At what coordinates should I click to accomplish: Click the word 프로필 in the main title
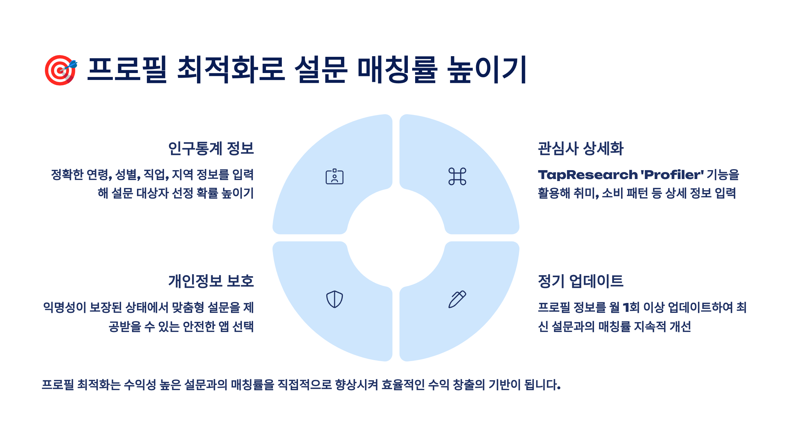[127, 69]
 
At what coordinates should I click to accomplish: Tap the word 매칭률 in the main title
[397, 69]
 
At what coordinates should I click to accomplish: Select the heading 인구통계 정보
[211, 148]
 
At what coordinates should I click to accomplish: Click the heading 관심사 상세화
[580, 148]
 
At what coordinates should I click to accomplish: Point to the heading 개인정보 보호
[211, 281]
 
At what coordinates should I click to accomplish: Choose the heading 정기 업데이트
[580, 281]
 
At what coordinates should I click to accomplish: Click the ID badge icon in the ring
[334, 176]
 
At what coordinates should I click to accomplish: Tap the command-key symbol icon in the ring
[457, 176]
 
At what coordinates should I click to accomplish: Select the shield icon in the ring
[334, 299]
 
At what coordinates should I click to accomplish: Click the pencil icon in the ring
[457, 299]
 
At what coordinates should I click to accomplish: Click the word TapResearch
[588, 175]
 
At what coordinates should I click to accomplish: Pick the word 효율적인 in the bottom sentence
[403, 385]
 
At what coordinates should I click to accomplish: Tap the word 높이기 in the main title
[487, 69]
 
